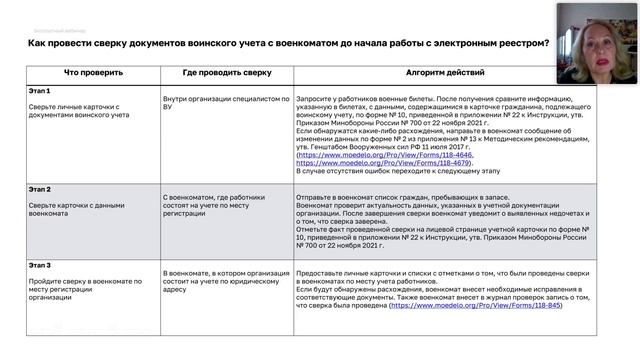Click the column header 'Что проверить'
[x=94, y=73]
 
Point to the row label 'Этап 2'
[x=41, y=189]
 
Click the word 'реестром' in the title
[x=522, y=43]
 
